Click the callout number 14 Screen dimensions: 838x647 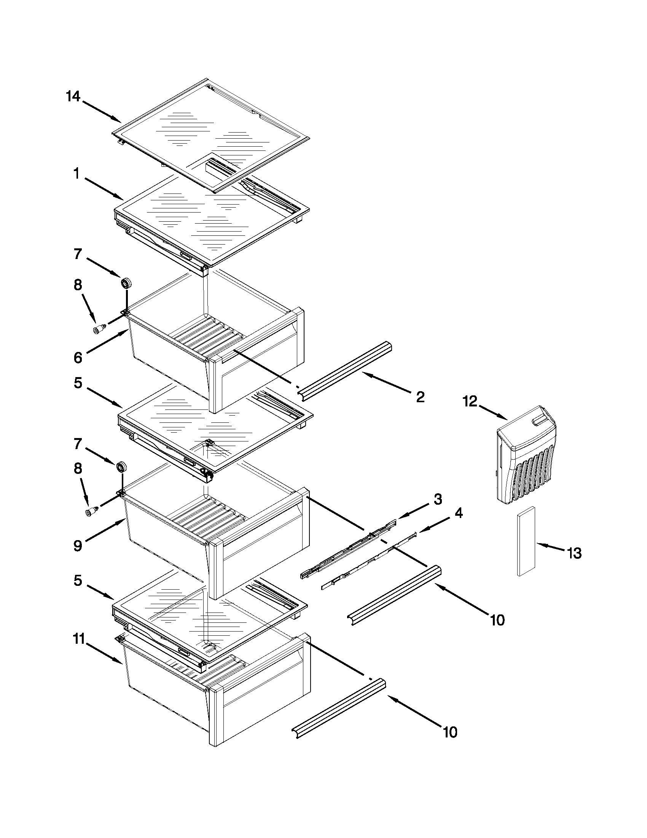tap(73, 96)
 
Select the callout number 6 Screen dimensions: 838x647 tap(78, 358)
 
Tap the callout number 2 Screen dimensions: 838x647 tap(420, 397)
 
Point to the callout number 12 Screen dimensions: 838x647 tap(470, 402)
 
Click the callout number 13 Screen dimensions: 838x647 tap(574, 553)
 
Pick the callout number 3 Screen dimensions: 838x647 tap(438, 499)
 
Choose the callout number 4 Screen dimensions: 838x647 tap(459, 513)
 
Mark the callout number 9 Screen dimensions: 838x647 tap(78, 545)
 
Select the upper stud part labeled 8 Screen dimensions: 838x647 tap(100, 329)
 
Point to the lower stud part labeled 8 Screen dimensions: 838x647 tap(92, 512)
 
